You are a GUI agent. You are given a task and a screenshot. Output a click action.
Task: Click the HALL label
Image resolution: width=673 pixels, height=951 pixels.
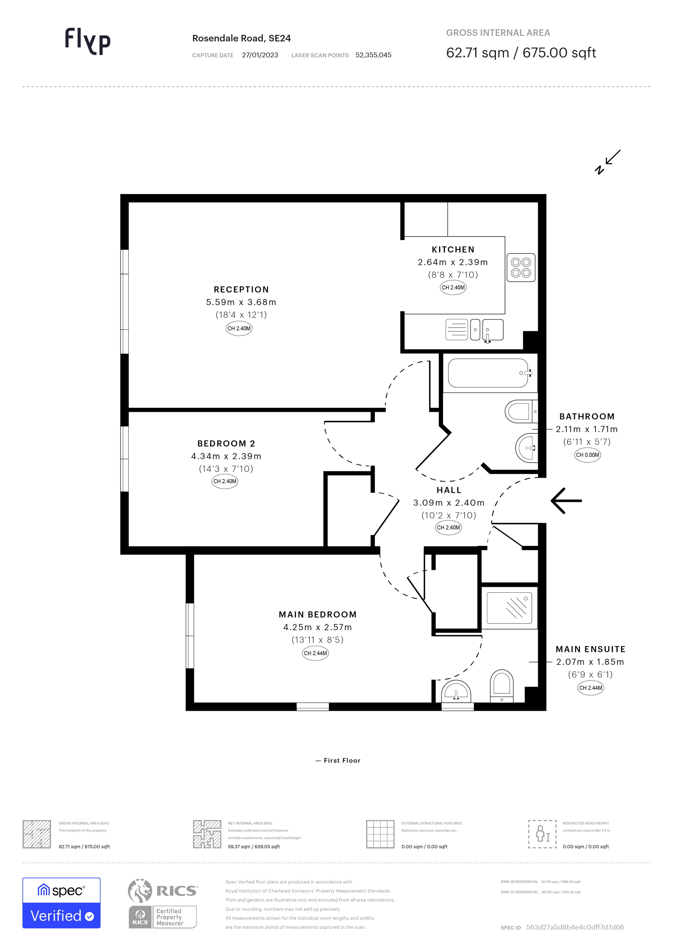pyautogui.click(x=449, y=490)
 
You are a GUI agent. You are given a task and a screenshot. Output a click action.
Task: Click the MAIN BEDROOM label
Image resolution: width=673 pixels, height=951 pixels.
pyautogui.click(x=318, y=615)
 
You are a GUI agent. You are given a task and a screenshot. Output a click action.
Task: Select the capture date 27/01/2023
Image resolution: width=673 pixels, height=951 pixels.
pyautogui.click(x=260, y=55)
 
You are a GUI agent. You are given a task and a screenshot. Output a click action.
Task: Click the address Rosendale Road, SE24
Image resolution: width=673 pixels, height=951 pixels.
pyautogui.click(x=241, y=38)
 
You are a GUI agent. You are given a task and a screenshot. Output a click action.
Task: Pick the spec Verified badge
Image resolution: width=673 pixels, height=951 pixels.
pyautogui.click(x=61, y=903)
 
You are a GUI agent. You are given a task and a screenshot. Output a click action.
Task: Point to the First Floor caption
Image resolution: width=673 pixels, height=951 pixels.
pyautogui.click(x=338, y=760)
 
